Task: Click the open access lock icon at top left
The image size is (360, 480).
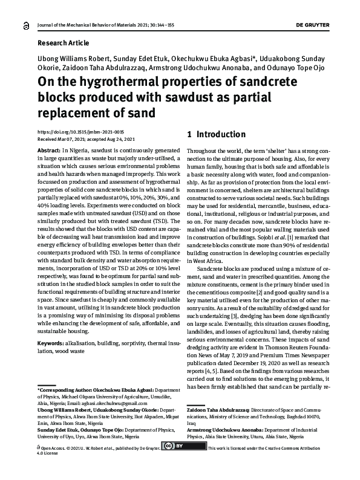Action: pyautogui.click(x=25, y=25)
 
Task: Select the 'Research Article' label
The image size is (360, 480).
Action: pyautogui.click(x=64, y=43)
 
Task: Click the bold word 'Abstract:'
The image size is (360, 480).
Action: pyautogui.click(x=49, y=149)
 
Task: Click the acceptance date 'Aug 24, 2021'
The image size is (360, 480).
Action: pyautogui.click(x=123, y=138)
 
